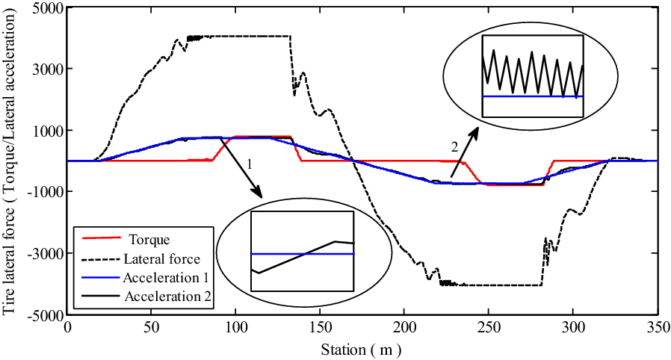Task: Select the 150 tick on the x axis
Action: pos(319,326)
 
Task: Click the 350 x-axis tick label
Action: pos(656,326)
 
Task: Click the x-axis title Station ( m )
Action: pos(362,347)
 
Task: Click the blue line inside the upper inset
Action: pos(532,96)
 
